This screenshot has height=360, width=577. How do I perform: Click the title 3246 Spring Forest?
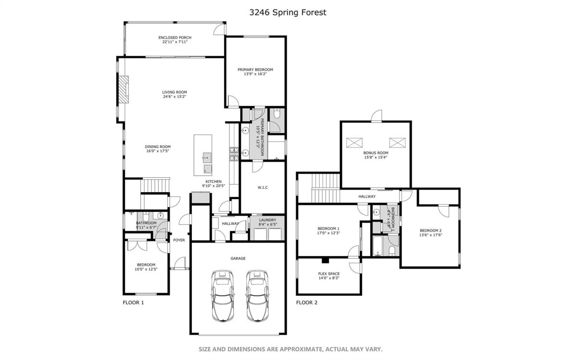click(288, 12)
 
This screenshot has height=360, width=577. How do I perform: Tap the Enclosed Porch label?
click(175, 37)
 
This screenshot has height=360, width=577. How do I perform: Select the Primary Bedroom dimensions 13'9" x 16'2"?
click(255, 74)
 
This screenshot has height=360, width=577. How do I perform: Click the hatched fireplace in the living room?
click(124, 89)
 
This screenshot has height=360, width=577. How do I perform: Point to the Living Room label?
click(175, 92)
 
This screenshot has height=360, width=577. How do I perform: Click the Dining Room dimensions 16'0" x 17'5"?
click(158, 151)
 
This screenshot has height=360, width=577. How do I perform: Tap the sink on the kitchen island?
click(207, 157)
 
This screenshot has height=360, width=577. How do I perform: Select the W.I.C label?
click(263, 187)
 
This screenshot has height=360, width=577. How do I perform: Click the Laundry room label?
click(268, 220)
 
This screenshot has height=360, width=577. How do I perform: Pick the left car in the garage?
click(223, 296)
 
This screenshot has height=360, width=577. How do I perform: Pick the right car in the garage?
click(257, 296)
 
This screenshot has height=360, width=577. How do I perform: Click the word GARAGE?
click(238, 258)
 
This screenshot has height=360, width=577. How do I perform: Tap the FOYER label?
click(179, 240)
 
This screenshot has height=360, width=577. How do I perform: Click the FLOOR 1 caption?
click(133, 303)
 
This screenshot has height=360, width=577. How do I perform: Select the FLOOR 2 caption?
click(307, 303)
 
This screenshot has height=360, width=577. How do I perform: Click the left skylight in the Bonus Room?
click(354, 143)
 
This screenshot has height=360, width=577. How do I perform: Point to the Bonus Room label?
click(376, 153)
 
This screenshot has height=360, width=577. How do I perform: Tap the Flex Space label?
click(329, 274)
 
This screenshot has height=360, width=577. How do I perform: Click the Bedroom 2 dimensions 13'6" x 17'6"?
click(430, 235)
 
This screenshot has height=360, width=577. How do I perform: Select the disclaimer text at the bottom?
click(290, 349)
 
